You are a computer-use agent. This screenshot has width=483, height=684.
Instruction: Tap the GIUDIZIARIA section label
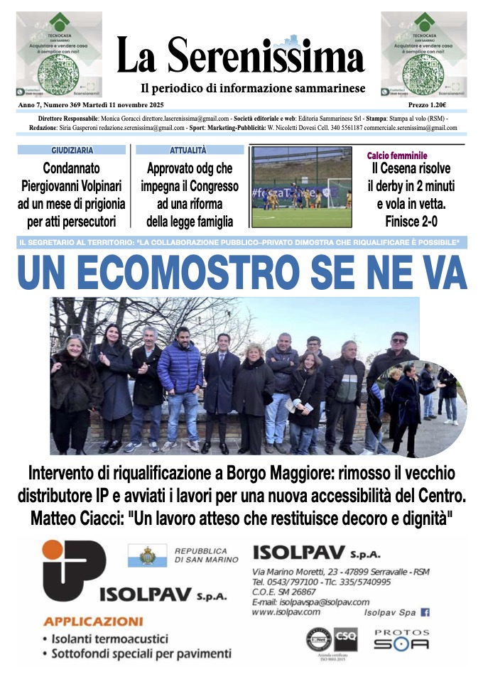pyautogui.click(x=72, y=151)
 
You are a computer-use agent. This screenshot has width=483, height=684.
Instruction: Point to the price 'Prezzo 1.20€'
pyautogui.click(x=442, y=104)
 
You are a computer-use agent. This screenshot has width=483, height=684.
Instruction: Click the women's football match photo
pyautogui.click(x=302, y=187)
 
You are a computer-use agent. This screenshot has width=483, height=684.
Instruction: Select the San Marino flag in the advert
pyautogui.click(x=147, y=555)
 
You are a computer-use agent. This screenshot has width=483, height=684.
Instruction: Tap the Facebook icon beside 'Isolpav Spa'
pyautogui.click(x=425, y=612)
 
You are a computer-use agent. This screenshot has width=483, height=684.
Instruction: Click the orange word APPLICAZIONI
pyautogui.click(x=93, y=621)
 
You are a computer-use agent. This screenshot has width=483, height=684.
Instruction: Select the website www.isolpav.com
pyautogui.click(x=286, y=612)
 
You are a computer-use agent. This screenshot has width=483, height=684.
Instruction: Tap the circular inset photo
pyautogui.click(x=418, y=408)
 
